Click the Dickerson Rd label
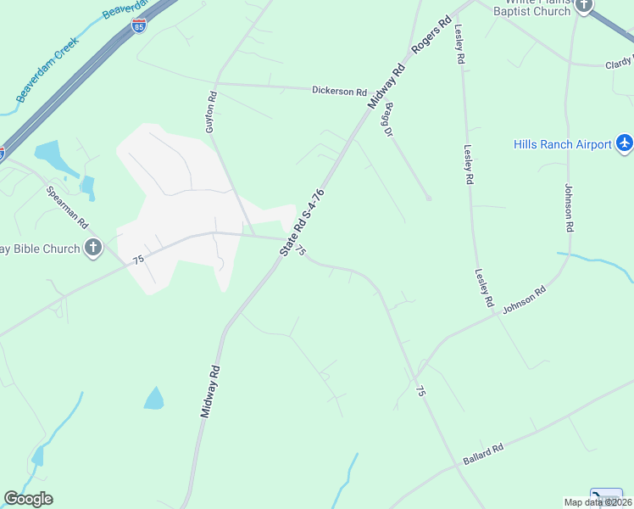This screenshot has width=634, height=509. pyautogui.click(x=339, y=91)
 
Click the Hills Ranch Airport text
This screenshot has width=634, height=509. pyautogui.click(x=563, y=144)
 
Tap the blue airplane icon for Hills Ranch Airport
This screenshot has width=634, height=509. pyautogui.click(x=625, y=143)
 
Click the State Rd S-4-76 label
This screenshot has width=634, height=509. pyautogui.click(x=303, y=222)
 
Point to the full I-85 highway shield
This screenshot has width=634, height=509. pyautogui.click(x=139, y=26)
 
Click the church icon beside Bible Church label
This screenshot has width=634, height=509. pyautogui.click(x=93, y=249)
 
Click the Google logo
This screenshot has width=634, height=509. pyautogui.click(x=28, y=499)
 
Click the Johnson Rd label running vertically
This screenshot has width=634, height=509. pyautogui.click(x=570, y=208)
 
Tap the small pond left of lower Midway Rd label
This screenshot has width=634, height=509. pyautogui.click(x=154, y=398)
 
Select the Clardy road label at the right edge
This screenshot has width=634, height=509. pyautogui.click(x=619, y=64)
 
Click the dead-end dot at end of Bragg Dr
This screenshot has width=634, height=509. pyautogui.click(x=429, y=199)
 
